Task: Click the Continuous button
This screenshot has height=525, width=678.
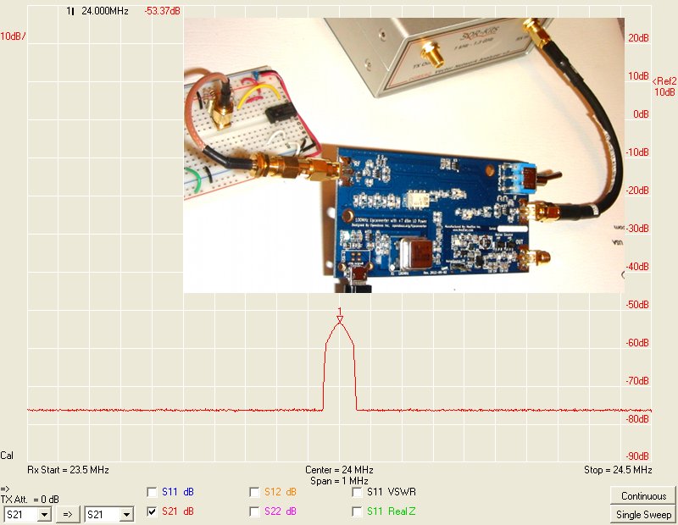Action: point(643,496)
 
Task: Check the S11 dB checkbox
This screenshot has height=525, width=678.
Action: point(152,492)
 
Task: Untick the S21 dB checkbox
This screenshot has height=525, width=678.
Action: point(152,511)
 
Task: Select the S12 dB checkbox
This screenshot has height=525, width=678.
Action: point(254,492)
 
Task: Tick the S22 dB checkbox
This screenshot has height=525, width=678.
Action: point(254,511)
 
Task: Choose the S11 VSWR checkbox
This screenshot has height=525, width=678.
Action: point(356,492)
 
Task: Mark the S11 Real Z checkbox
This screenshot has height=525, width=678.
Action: point(356,511)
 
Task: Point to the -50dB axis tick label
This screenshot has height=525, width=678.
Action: point(639,305)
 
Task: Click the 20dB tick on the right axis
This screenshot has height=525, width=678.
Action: point(639,38)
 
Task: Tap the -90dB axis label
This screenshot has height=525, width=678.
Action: point(639,457)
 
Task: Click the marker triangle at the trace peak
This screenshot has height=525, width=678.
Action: point(340,320)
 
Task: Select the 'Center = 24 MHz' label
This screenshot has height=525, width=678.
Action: point(339,470)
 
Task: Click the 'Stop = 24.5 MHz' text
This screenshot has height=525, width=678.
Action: point(618,470)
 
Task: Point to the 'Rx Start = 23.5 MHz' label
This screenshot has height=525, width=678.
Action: point(68,470)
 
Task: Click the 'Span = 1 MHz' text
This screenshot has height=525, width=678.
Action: point(339,480)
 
